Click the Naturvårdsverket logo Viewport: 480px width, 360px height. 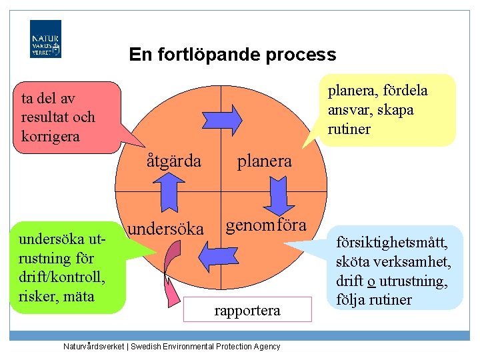(x=45, y=39)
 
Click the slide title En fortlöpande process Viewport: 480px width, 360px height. (x=233, y=54)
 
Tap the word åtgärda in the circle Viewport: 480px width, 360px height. (x=174, y=161)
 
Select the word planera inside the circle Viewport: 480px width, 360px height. (x=265, y=161)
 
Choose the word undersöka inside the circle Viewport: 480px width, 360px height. (x=165, y=229)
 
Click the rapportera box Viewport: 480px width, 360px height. (x=247, y=311)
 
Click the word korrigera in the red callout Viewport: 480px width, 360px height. (x=51, y=137)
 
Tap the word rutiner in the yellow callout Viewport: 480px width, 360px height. (x=349, y=129)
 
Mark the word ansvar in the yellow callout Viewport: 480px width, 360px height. (x=351, y=110)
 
